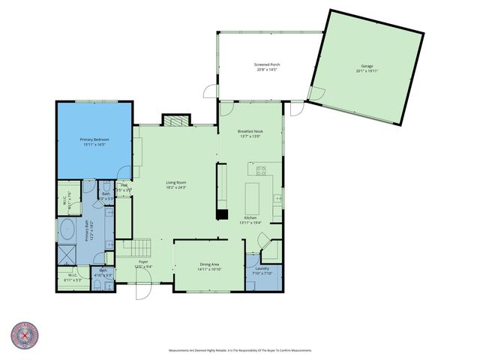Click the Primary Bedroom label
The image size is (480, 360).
(94, 139)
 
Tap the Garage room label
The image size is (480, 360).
(367, 66)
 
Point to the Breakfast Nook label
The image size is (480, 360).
(250, 131)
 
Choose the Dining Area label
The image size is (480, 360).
(209, 264)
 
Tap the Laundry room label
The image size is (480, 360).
(262, 268)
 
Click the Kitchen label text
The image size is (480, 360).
(250, 217)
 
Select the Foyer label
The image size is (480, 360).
(143, 262)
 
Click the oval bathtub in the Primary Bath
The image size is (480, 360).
(66, 230)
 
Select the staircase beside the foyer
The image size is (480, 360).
(136, 246)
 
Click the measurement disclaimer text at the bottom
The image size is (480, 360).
(239, 350)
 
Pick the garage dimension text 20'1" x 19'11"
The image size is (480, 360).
(367, 71)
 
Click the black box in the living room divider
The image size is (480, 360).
(222, 214)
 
